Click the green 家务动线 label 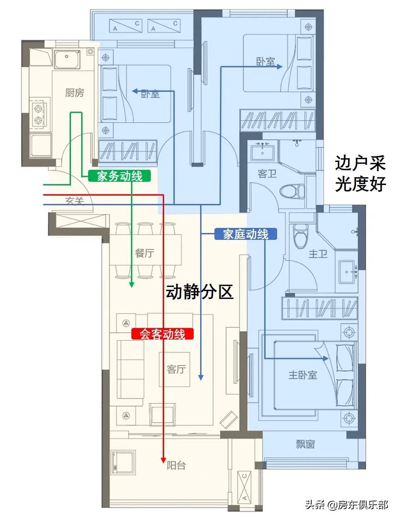coord(119,175)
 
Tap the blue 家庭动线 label coord(246,234)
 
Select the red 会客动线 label coord(162,334)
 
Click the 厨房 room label coord(75,93)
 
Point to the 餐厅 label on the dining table coord(144,253)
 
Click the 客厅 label coord(176,369)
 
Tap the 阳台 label coord(176,465)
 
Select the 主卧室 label coord(303,375)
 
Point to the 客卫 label coord(267,174)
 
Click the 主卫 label coord(318,253)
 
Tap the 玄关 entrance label coord(75,201)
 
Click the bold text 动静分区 coord(200,292)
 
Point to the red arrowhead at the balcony coord(163,459)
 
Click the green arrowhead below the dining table coord(131,285)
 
